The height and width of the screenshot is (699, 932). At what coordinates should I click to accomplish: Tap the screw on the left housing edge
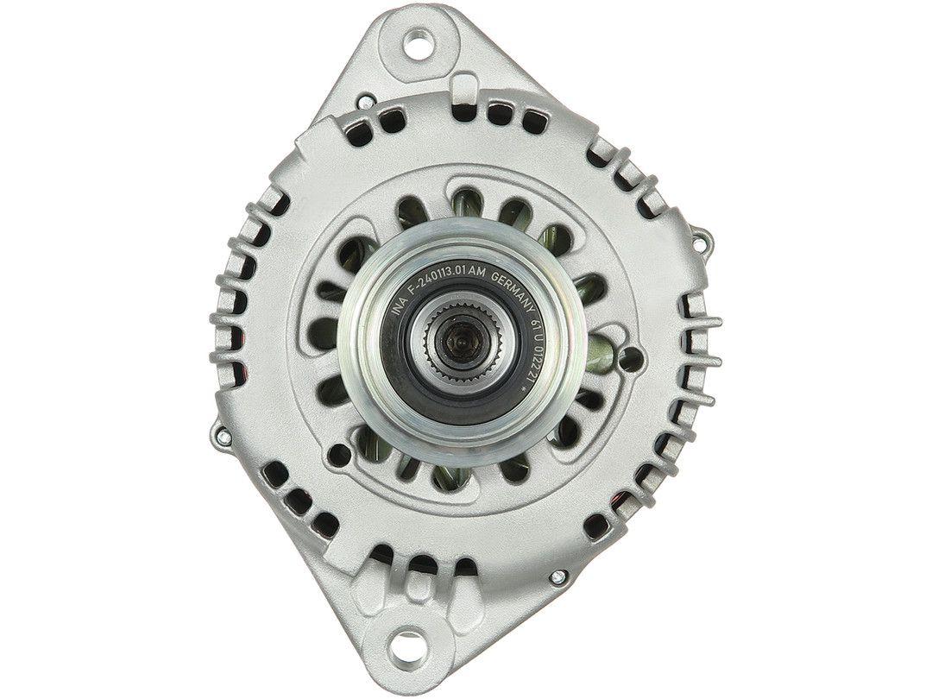click(x=226, y=438)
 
